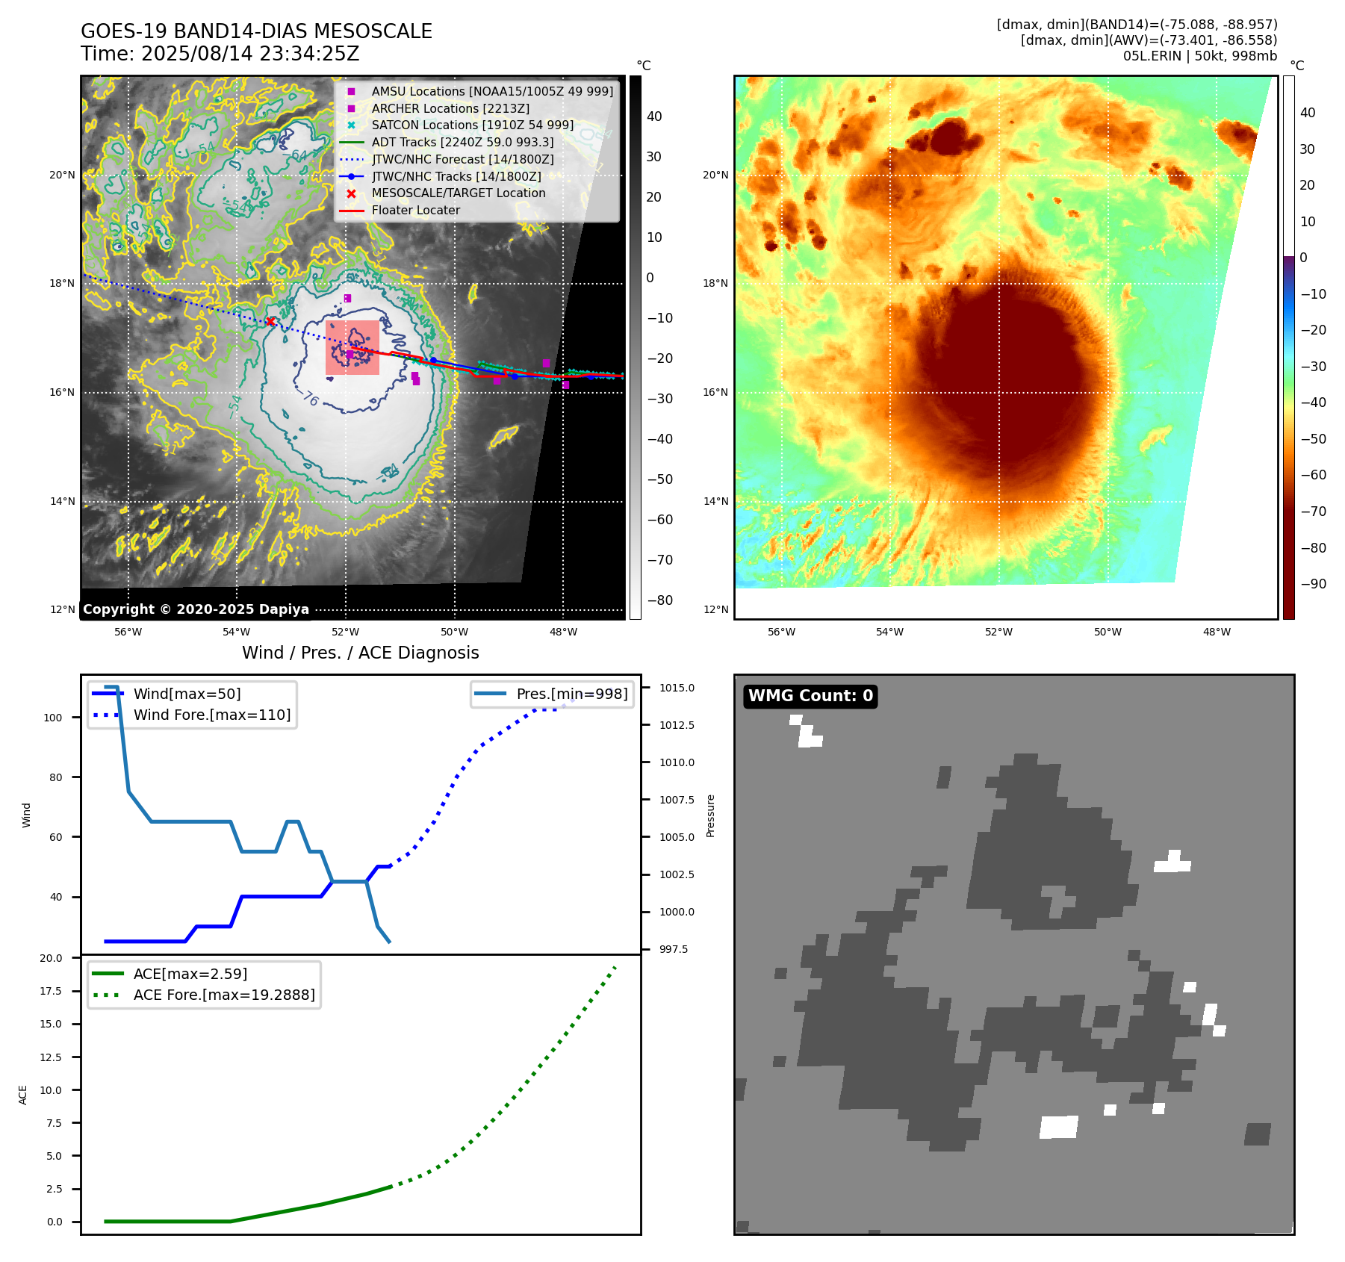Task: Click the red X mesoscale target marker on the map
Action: (x=270, y=322)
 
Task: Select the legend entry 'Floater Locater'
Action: (x=415, y=211)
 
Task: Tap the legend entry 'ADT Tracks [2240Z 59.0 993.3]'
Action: (x=462, y=142)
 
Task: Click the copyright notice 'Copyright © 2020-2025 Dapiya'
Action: (x=196, y=609)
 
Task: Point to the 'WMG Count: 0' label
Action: (x=810, y=696)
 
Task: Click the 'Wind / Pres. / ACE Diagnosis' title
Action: (x=360, y=653)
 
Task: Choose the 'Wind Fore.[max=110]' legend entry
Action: (x=212, y=715)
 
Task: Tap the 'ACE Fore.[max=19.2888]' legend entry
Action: (x=224, y=995)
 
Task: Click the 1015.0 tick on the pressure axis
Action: (x=677, y=688)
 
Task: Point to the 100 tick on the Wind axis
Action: (x=53, y=718)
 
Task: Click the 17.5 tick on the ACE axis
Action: (x=51, y=991)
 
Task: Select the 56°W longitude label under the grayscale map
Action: (x=128, y=632)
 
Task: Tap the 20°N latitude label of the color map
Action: (x=715, y=175)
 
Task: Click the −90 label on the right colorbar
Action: (x=1313, y=584)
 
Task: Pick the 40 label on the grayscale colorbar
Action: (x=654, y=116)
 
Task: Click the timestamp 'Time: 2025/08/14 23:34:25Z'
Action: (x=220, y=54)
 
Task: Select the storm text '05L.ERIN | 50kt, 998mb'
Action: (x=1199, y=56)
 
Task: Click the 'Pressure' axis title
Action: (x=710, y=815)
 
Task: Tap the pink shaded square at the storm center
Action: (x=352, y=347)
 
